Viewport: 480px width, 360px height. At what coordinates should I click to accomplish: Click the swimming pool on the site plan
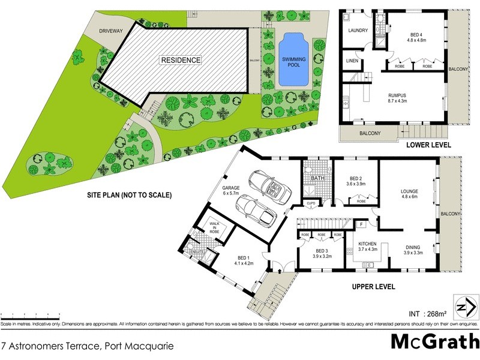(293, 59)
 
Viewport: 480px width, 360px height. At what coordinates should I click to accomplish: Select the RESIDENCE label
(180, 60)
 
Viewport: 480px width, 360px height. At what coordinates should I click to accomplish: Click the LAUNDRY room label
(358, 31)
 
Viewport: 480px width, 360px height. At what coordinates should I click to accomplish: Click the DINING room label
(413, 247)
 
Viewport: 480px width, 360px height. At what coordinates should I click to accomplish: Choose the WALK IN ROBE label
(214, 228)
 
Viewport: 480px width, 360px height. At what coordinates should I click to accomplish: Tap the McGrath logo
(434, 341)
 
